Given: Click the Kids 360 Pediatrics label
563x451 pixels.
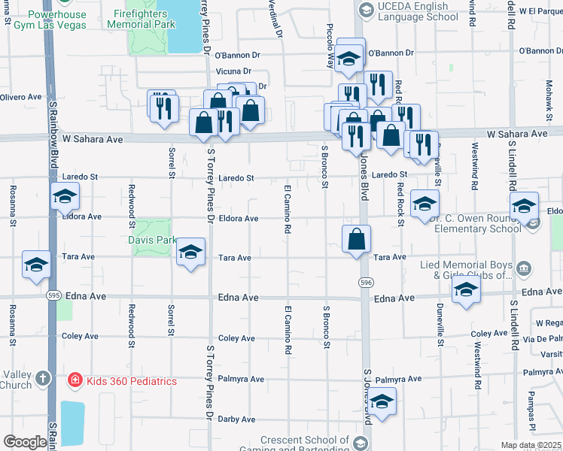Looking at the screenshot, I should pos(131,381).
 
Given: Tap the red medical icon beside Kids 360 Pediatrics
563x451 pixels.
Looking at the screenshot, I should pos(75,381).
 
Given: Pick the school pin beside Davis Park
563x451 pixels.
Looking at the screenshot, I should pos(191,252).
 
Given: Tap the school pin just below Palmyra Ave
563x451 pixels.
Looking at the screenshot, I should pos(382,402).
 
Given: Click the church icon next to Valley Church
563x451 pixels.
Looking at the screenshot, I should pos(43,378).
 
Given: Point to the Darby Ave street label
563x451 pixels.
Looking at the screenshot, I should pos(236,419).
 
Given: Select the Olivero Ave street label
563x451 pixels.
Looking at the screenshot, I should pos(20,97).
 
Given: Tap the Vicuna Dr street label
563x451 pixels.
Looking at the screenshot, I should pos(233,71).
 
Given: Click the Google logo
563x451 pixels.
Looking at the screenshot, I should pos(24,442).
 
